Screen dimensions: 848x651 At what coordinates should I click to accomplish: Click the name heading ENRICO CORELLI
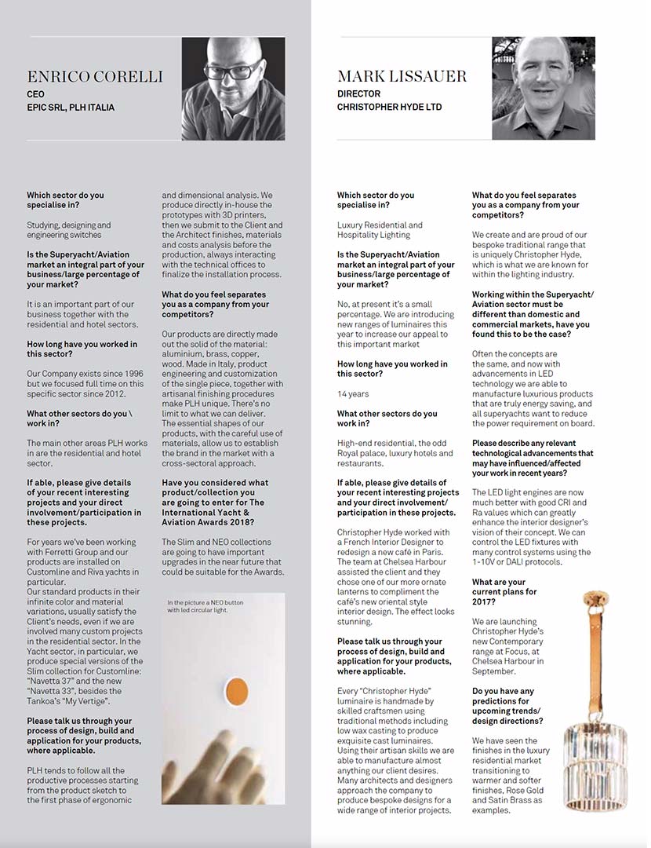pos(95,77)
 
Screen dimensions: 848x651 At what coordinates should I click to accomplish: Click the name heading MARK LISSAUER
pos(402,76)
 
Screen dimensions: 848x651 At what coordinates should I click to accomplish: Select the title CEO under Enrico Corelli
pos(35,93)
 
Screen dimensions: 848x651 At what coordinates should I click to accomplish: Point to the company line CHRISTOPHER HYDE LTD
pos(389,107)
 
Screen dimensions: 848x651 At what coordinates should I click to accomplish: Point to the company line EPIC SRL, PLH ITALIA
pos(71,107)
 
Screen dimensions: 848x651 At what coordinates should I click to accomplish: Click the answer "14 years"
pos(353,394)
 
